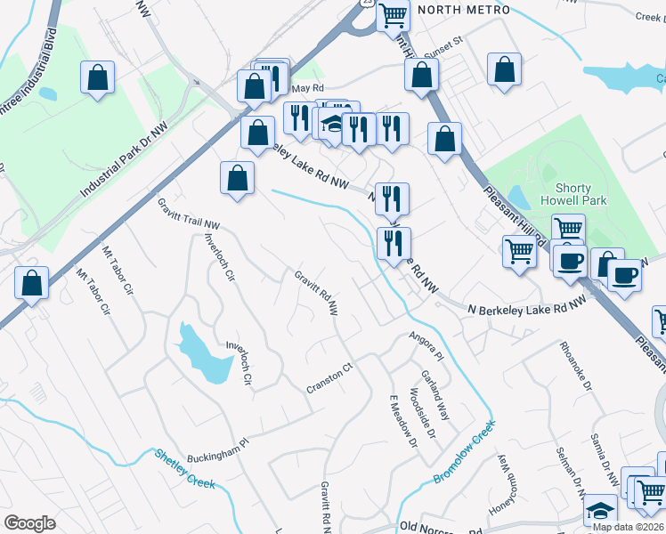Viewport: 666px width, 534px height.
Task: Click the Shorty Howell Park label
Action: tap(581, 194)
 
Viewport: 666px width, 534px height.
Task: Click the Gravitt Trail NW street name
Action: tap(189, 214)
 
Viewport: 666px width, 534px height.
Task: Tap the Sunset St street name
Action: tap(443, 42)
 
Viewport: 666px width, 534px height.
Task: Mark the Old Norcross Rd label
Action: tap(433, 528)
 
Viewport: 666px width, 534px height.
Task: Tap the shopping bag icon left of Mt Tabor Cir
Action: tap(32, 284)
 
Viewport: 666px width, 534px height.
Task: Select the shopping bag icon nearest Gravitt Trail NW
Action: tap(237, 177)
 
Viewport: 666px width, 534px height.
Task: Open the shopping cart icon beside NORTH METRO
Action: tap(393, 15)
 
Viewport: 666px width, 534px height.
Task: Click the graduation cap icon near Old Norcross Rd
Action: tap(601, 510)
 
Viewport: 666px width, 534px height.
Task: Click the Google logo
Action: tap(30, 523)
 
